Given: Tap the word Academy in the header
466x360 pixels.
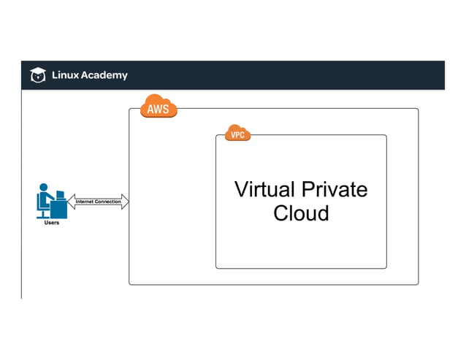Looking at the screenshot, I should [104, 74].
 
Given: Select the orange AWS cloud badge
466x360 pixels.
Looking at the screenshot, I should [158, 107].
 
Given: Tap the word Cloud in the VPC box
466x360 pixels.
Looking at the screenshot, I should [301, 213].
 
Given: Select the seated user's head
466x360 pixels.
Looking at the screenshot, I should [45, 188].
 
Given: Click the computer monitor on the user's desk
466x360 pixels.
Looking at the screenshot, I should [60, 197].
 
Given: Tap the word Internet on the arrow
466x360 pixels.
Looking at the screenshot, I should [86, 202].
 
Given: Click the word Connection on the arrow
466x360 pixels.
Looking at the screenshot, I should [108, 202].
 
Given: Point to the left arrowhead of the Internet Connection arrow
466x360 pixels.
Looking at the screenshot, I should [71, 202].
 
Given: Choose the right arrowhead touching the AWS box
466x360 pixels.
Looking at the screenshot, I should [125, 202].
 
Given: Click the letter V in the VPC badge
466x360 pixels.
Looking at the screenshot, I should [232, 135].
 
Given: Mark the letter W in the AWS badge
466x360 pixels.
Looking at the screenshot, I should [158, 110].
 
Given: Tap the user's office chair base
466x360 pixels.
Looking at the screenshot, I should [45, 215].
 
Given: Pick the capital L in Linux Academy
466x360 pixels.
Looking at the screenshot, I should [53, 74].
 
